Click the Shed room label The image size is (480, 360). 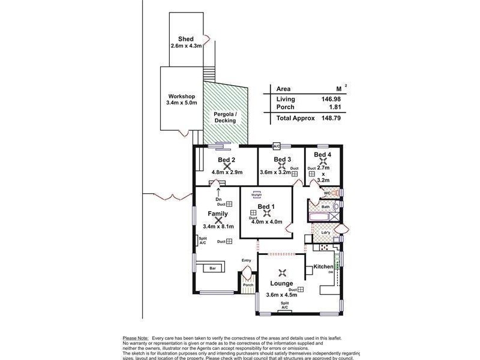185,38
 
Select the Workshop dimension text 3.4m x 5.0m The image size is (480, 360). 181,103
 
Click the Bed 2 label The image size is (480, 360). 226,160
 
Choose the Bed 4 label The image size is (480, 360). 323,155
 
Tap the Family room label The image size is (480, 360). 218,214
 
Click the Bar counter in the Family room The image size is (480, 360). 212,269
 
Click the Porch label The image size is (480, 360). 239,285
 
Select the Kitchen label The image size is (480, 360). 323,266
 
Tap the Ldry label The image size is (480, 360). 325,233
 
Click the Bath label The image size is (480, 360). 325,207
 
